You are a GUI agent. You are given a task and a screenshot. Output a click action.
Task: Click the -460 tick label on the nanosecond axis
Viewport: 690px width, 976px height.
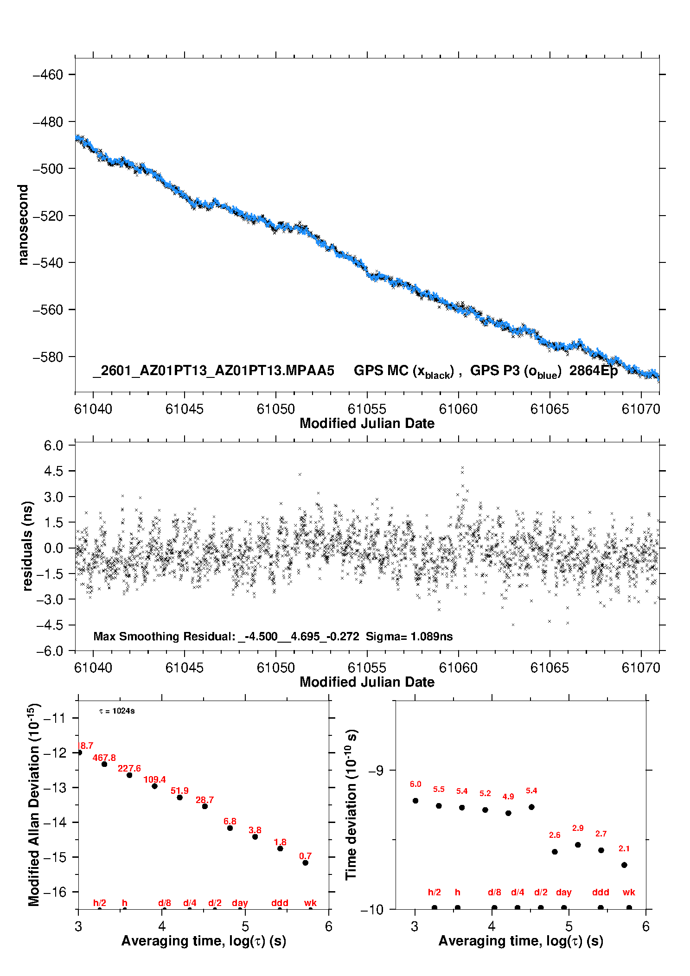pos(48,75)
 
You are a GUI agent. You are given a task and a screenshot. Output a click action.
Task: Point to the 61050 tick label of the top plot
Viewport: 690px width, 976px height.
pos(276,409)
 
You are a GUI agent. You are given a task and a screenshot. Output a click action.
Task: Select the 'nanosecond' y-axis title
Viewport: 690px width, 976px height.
pos(23,225)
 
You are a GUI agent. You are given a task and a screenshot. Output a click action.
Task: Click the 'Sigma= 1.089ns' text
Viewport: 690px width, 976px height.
pos(409,636)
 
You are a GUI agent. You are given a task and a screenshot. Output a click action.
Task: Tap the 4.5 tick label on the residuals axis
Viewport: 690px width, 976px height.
pos(53,471)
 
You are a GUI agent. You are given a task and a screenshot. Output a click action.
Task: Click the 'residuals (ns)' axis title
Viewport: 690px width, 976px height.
pos(27,546)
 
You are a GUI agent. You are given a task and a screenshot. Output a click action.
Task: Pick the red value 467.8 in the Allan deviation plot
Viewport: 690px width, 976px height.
pos(104,758)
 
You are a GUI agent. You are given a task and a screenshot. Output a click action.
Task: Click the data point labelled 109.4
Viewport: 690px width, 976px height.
pos(154,786)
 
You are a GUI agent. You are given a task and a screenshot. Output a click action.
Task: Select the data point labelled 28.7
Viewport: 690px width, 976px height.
pos(204,806)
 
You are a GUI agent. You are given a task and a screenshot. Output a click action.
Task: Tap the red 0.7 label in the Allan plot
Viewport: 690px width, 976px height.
pos(305,856)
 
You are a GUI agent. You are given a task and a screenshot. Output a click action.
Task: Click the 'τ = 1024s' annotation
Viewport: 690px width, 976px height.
pos(117,711)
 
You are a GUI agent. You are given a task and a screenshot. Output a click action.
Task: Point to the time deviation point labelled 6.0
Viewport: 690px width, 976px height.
pos(415,801)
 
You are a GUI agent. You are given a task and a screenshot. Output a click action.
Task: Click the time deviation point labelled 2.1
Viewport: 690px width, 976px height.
pos(624,865)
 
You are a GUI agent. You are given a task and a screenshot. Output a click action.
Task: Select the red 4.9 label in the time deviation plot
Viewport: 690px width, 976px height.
pos(508,797)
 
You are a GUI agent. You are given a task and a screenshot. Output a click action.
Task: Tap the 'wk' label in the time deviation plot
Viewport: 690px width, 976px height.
pos(629,892)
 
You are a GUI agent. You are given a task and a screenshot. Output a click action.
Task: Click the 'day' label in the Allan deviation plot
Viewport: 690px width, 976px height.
pos(240,903)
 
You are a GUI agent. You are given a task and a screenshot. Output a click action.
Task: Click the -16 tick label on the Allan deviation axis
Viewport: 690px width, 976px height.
pos(55,892)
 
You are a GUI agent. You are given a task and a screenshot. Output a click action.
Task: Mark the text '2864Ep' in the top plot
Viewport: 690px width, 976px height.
pos(594,371)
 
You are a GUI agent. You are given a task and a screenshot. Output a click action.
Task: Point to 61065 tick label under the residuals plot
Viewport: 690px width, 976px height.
pos(549,668)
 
